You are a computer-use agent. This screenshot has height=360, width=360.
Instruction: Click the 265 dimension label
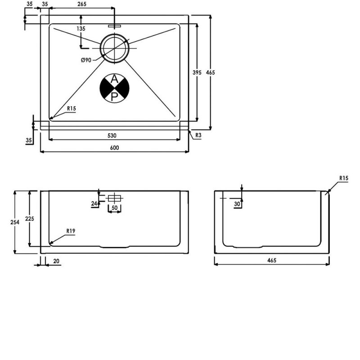point(82,4)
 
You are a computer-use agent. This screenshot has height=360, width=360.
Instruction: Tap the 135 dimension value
point(81,28)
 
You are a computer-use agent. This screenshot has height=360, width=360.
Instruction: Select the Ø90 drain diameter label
point(86,60)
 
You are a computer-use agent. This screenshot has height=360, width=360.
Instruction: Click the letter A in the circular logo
point(114,79)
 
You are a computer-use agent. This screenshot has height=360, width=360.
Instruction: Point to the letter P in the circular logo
point(114,97)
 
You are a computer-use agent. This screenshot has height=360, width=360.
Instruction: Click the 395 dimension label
point(197,72)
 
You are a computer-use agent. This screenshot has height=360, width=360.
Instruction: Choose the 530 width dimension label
point(112,136)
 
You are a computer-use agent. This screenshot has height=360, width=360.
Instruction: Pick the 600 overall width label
point(114,148)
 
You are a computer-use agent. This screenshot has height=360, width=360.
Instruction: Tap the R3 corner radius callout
point(198,135)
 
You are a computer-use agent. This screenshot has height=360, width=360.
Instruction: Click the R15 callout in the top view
point(72,108)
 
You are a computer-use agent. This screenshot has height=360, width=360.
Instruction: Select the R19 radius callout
point(71,231)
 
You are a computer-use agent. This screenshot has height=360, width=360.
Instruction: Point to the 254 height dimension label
point(15,222)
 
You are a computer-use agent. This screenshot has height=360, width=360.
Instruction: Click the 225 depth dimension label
point(30,219)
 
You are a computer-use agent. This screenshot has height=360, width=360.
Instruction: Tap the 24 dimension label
point(94,204)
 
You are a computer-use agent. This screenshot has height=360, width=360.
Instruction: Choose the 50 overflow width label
point(114,208)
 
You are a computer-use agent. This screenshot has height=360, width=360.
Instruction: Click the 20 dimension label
point(56,261)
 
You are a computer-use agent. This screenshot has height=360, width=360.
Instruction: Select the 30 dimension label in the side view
point(237,204)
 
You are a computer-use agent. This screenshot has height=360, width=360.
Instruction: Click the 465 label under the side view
point(272,261)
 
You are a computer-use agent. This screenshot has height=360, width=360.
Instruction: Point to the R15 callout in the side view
point(344,178)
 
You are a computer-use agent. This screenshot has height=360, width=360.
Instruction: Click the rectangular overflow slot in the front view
point(114,198)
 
